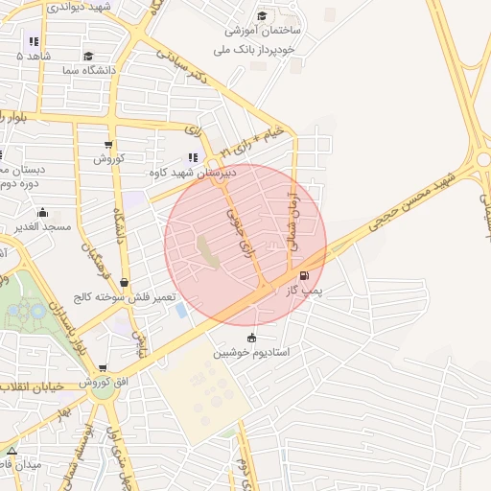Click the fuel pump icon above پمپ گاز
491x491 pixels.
tap(305, 276)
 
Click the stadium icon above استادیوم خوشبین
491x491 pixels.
tap(251, 338)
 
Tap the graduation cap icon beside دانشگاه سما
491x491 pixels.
tap(88, 57)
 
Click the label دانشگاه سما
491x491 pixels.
tap(89, 71)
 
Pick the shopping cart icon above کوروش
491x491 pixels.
tap(107, 146)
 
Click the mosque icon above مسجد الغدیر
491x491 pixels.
tap(41, 212)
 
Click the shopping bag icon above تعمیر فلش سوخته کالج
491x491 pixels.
tap(125, 282)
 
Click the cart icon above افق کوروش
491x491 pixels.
tap(103, 368)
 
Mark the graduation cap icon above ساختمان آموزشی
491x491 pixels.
tap(260, 16)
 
